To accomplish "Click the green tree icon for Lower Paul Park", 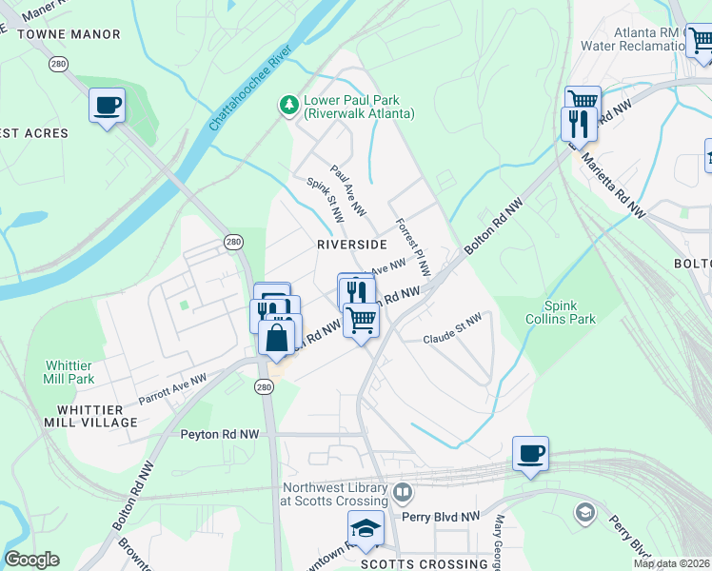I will click(x=288, y=106).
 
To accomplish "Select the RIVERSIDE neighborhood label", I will click(x=352, y=245).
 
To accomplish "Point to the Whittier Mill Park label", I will click(x=69, y=372).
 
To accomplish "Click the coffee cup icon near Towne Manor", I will click(x=107, y=104).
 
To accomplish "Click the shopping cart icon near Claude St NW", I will click(x=361, y=321).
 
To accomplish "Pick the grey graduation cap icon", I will click(x=584, y=513).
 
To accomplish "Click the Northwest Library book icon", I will click(x=403, y=494).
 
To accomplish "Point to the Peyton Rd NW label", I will click(x=219, y=434).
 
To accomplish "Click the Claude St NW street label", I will click(x=452, y=332).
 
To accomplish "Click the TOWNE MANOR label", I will click(x=69, y=34).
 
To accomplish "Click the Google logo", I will click(x=31, y=560).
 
